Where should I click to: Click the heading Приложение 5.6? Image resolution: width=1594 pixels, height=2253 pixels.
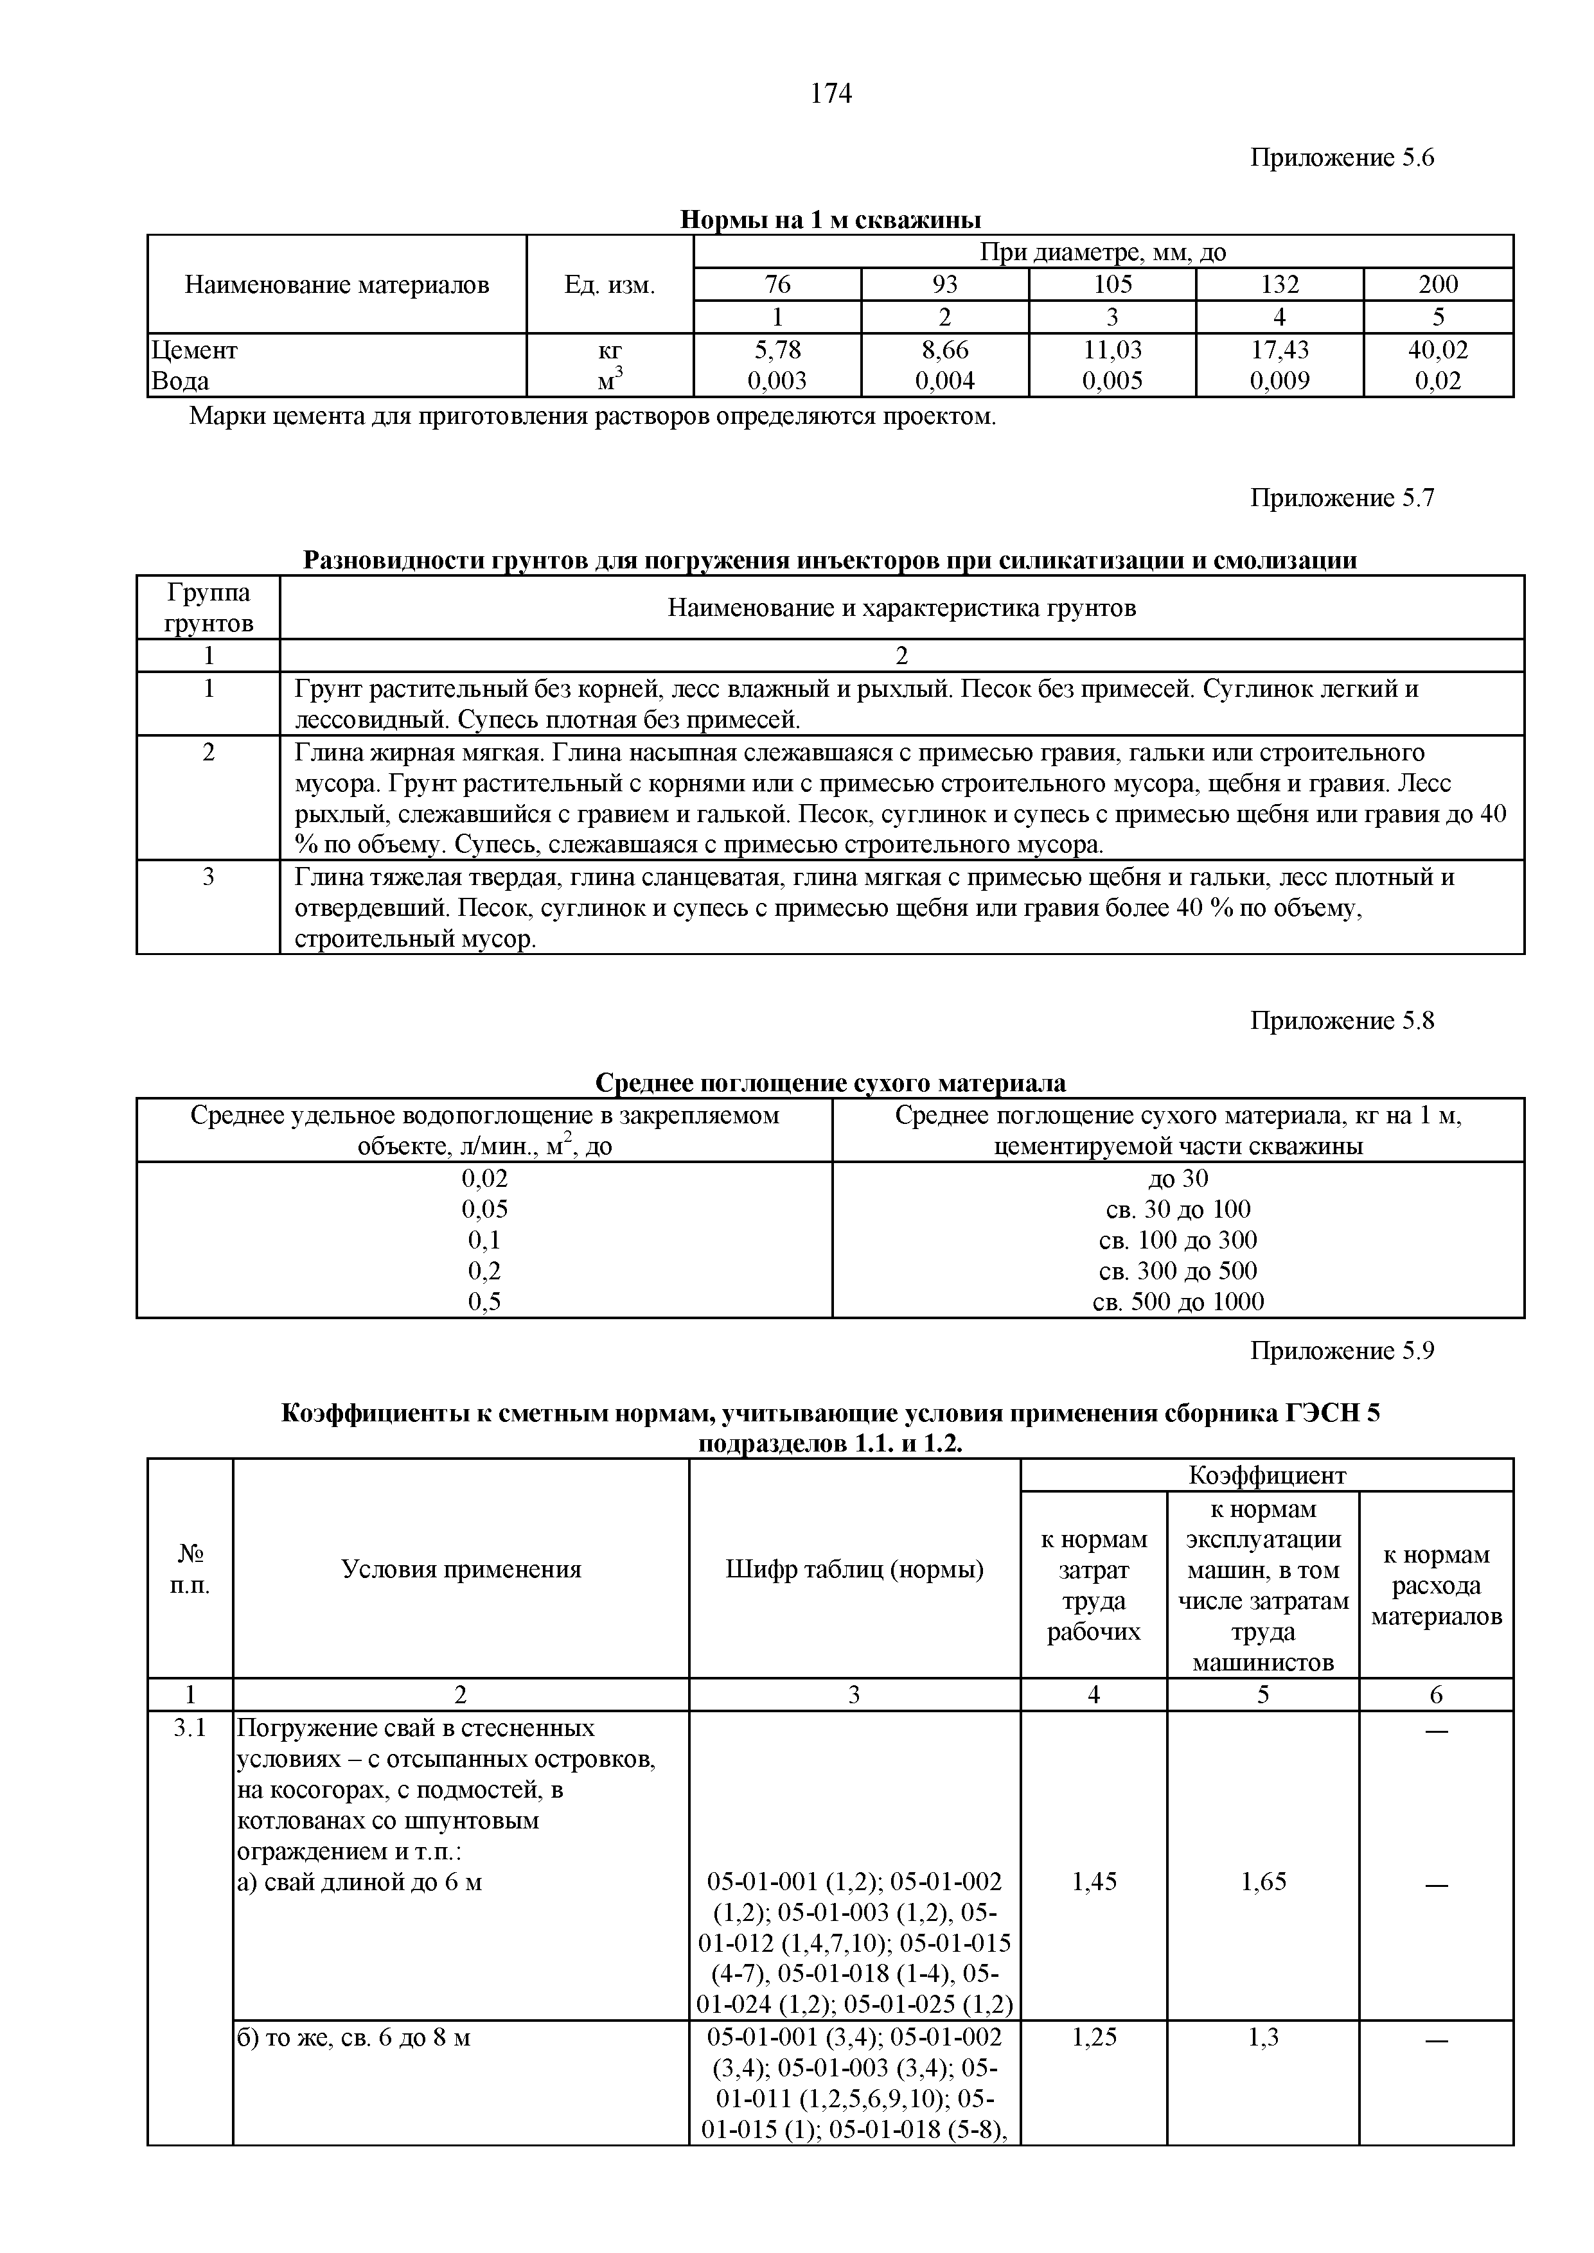click(x=1342, y=158)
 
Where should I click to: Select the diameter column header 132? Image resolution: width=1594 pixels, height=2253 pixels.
click(x=1279, y=285)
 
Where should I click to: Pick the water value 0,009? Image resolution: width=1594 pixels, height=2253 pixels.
click(x=1279, y=381)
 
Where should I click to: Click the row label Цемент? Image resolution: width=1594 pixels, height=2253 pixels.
click(x=194, y=349)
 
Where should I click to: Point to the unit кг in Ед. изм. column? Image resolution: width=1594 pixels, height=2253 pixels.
click(x=610, y=349)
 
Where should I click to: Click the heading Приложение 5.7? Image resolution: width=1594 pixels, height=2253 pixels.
click(x=1342, y=498)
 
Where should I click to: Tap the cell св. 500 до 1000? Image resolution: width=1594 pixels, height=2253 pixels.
click(x=1178, y=1302)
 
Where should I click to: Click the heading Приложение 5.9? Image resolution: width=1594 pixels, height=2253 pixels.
click(x=1342, y=1351)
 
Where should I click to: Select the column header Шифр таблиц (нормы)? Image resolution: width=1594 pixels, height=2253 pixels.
click(x=854, y=1570)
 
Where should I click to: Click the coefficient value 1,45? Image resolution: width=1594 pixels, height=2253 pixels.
click(x=1094, y=1881)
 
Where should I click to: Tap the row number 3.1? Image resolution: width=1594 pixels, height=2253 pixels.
click(x=190, y=1729)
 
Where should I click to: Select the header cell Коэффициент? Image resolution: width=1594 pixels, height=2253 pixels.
click(x=1266, y=1476)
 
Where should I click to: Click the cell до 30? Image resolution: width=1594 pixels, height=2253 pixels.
click(x=1178, y=1179)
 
